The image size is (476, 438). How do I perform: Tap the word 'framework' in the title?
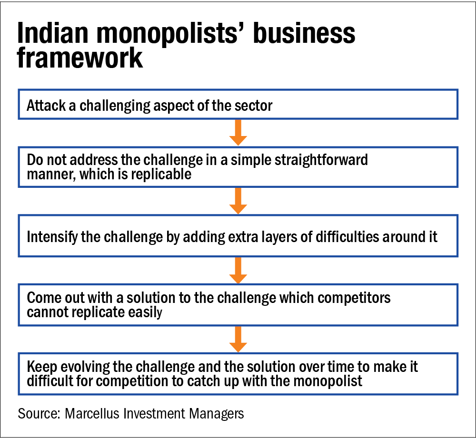point(80,59)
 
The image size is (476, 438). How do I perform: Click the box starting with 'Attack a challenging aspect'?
point(238,105)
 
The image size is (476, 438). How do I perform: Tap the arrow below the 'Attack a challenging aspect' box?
point(238,133)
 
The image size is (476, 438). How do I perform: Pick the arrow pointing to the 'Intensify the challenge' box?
point(238,201)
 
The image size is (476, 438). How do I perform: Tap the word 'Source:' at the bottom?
point(37,413)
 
